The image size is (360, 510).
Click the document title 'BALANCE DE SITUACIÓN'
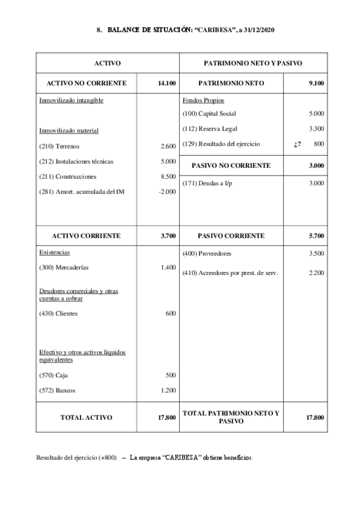(x=149, y=29)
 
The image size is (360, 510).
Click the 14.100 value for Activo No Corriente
(x=166, y=83)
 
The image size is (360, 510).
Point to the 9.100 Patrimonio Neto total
(x=316, y=83)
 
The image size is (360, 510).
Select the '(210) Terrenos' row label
(x=59, y=146)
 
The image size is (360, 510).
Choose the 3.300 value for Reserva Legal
(x=316, y=128)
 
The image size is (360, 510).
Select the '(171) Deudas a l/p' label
(x=206, y=183)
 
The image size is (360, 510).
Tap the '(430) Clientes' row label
(x=58, y=313)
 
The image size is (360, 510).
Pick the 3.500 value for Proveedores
(x=316, y=254)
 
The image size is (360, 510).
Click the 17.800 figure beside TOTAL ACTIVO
(x=166, y=417)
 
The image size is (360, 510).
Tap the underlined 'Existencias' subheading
(x=55, y=253)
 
